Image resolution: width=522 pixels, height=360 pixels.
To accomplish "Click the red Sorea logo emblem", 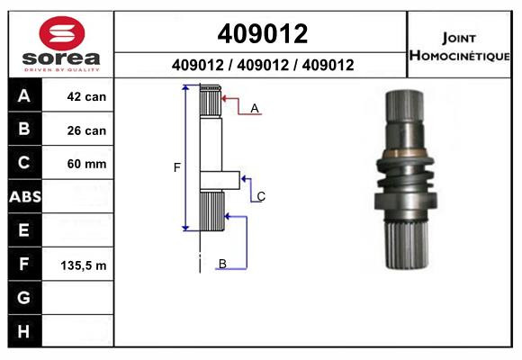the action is pyautogui.click(x=62, y=33).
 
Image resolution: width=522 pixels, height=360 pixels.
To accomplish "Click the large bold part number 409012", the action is pyautogui.click(x=263, y=33).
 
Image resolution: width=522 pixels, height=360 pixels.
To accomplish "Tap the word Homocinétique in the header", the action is pyautogui.click(x=459, y=56).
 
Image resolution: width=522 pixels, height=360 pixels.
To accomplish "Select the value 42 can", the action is pyautogui.click(x=86, y=97).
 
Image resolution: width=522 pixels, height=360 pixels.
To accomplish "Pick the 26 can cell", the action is pyautogui.click(x=86, y=130).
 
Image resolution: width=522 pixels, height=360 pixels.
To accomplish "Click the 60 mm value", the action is pyautogui.click(x=86, y=164).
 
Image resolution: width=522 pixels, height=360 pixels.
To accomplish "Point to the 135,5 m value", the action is pyautogui.click(x=84, y=265).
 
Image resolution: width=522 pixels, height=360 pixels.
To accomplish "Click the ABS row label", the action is pyautogui.click(x=25, y=197).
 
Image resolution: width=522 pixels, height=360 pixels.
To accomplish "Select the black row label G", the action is pyautogui.click(x=23, y=297).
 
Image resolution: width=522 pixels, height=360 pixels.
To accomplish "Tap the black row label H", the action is pyautogui.click(x=23, y=331).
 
